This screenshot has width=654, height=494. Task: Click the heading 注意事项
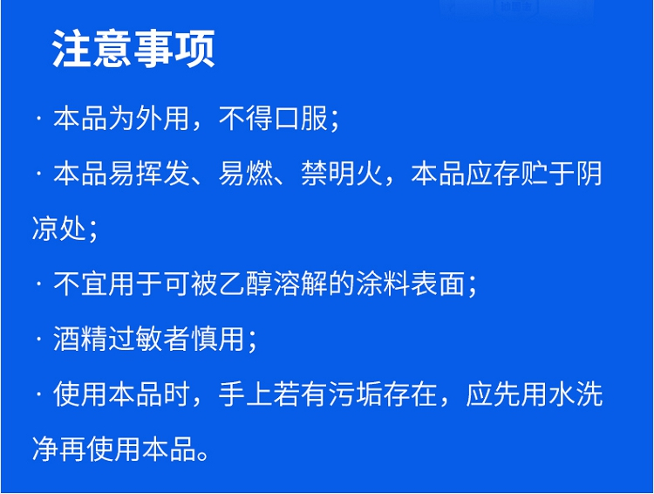(133, 49)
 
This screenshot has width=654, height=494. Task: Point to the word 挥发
(163, 174)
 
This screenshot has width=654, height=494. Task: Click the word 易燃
(246, 174)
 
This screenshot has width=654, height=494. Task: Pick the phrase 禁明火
(342, 174)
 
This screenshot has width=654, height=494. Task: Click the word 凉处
(58, 229)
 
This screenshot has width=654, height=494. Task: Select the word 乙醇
(246, 284)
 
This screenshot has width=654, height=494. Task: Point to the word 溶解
(301, 284)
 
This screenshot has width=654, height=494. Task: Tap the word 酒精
(80, 339)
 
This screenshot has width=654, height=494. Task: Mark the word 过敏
(135, 339)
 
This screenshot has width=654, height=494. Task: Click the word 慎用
(218, 339)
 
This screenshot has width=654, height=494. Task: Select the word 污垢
(356, 395)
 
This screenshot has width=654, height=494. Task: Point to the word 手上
(246, 395)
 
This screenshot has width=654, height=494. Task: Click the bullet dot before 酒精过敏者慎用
(38, 339)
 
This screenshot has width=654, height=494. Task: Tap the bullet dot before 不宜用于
(38, 285)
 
